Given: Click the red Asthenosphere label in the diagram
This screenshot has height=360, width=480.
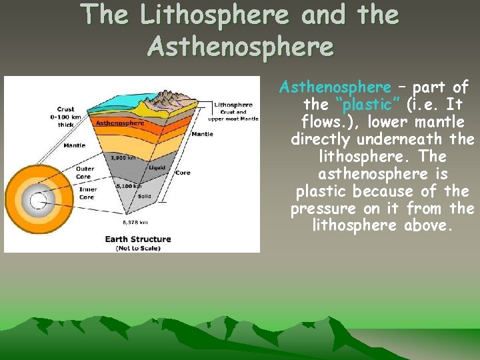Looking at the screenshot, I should (x=120, y=123).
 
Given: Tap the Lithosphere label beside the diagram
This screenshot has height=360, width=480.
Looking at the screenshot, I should (x=233, y=105).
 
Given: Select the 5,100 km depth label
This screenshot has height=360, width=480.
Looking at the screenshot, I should (x=127, y=186).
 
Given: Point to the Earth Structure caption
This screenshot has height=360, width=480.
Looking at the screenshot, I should (x=137, y=239).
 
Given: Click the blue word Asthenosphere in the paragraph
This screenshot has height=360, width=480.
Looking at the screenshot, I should (x=335, y=87).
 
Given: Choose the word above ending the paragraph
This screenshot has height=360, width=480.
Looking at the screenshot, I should (x=429, y=226).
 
